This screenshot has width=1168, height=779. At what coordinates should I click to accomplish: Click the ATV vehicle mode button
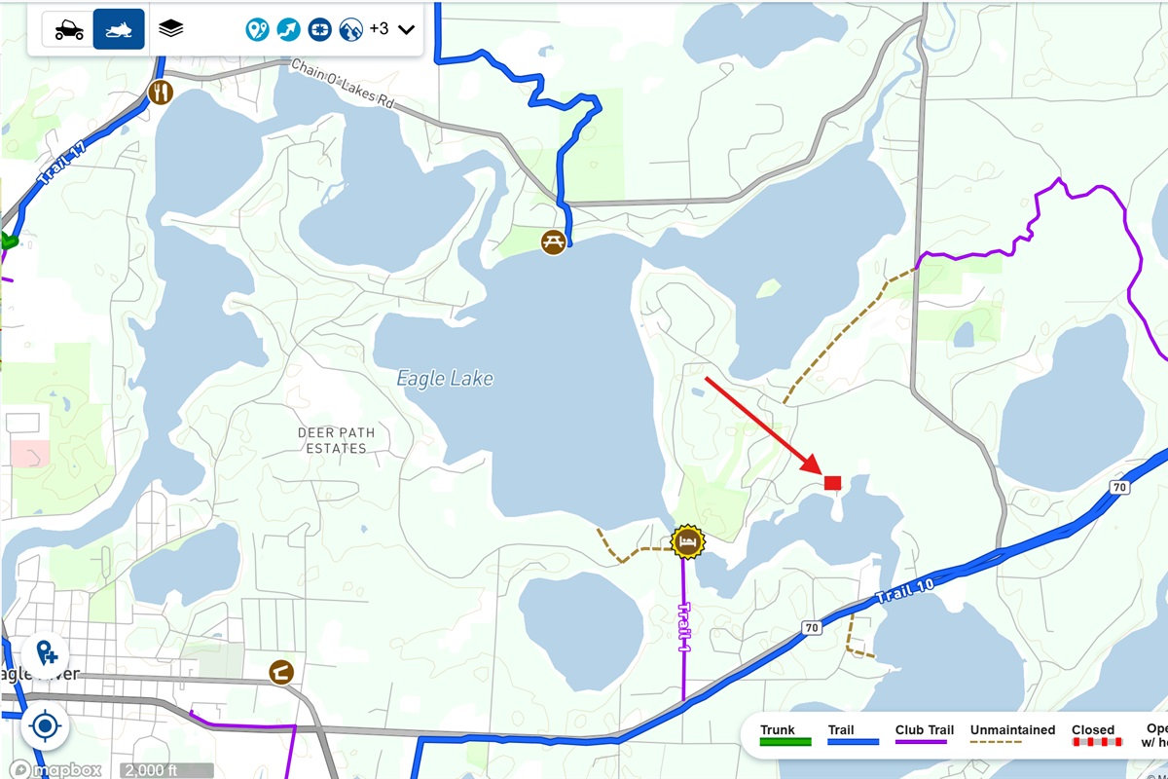pyautogui.click(x=68, y=29)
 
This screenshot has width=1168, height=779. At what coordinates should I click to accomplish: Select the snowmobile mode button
pyautogui.click(x=119, y=29)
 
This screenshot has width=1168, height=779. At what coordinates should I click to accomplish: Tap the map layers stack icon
pyautogui.click(x=171, y=29)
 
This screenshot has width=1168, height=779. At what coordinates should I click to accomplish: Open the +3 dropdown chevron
pyautogui.click(x=407, y=29)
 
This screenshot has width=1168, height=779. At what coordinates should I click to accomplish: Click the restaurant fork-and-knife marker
pyautogui.click(x=161, y=93)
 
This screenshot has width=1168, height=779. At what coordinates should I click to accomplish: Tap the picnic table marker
pyautogui.click(x=553, y=241)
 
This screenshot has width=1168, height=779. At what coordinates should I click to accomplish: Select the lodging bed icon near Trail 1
pyautogui.click(x=687, y=542)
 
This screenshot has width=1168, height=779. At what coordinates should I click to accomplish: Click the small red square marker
pyautogui.click(x=832, y=482)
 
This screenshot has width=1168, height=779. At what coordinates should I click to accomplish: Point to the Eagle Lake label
pyautogui.click(x=445, y=379)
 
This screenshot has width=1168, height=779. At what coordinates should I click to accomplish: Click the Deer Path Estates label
pyautogui.click(x=336, y=440)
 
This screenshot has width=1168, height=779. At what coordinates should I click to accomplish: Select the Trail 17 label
pyautogui.click(x=59, y=165)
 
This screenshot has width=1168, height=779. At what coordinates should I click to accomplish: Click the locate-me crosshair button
pyautogui.click(x=44, y=725)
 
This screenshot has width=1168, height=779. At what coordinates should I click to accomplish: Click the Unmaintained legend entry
pyautogui.click(x=1012, y=730)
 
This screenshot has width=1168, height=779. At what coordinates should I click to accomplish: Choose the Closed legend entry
pyautogui.click(x=1093, y=730)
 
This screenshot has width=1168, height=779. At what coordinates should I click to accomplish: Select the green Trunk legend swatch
pyautogui.click(x=785, y=742)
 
